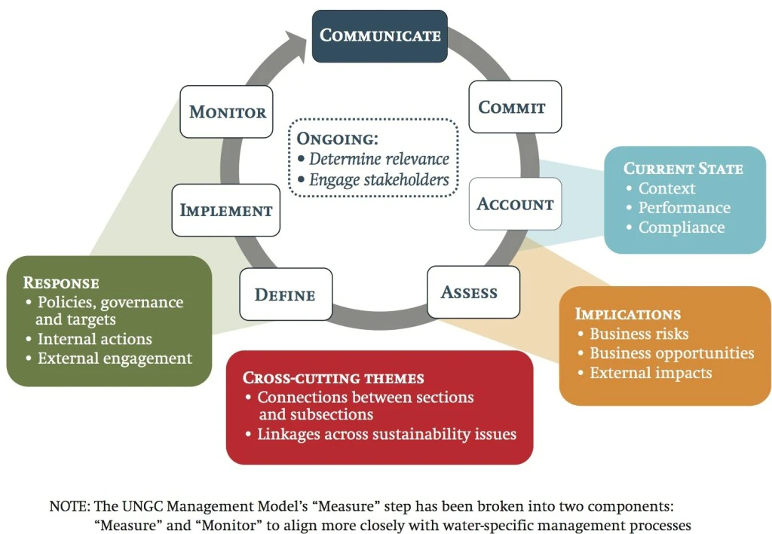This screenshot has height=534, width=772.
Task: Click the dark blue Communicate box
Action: coord(380,35)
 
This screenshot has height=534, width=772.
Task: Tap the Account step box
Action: coord(515,204)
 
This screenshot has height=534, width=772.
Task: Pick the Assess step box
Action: coord(473,292)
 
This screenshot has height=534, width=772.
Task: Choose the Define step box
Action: coord(285,294)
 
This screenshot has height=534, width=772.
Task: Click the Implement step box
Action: coord(225,210)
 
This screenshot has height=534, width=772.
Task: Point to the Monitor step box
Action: coord(227,112)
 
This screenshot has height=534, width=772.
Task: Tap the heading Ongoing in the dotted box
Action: coord(336,139)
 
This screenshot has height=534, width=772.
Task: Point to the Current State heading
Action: coord(683,169)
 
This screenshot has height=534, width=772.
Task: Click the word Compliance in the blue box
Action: coord(681,227)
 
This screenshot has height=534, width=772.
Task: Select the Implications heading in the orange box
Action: coord(627,314)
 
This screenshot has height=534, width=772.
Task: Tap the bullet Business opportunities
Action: coord(672,353)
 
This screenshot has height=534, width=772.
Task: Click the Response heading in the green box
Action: coord(61,283)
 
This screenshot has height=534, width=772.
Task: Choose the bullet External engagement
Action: coord(115,359)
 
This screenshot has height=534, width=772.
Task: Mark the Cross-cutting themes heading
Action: coord(332,378)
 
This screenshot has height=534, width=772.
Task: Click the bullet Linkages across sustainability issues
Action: coord(386,435)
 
